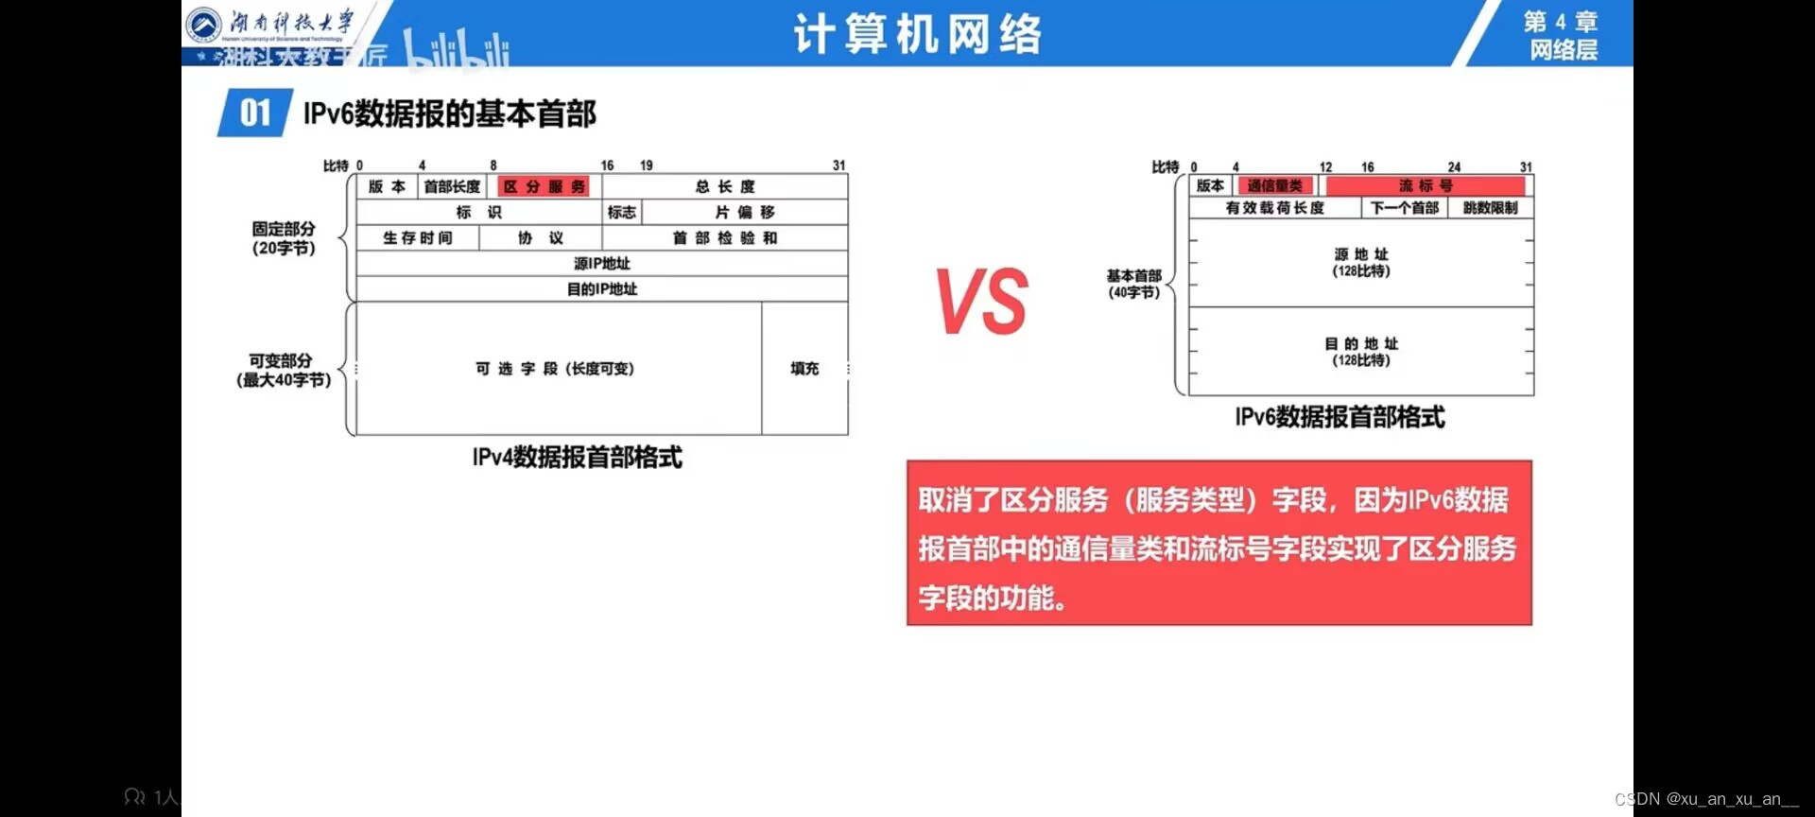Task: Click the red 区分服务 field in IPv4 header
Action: (544, 186)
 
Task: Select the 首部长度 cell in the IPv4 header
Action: (452, 186)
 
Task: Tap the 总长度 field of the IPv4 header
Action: (725, 186)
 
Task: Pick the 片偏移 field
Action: (745, 212)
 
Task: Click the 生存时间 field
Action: (418, 237)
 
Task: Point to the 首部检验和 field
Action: (725, 237)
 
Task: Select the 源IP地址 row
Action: (602, 263)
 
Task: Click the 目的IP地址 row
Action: (602, 288)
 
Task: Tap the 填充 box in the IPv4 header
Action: (804, 368)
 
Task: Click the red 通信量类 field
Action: (1274, 185)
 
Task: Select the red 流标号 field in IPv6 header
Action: (1426, 185)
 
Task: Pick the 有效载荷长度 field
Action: (1274, 207)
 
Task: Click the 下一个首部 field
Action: (1405, 207)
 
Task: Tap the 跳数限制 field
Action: (1491, 207)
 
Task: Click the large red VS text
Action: (982, 302)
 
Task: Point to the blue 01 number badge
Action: (254, 113)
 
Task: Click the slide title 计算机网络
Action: (917, 34)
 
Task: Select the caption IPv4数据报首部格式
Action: (577, 458)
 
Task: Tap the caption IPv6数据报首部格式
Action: (1340, 417)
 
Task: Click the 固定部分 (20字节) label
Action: (283, 238)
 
